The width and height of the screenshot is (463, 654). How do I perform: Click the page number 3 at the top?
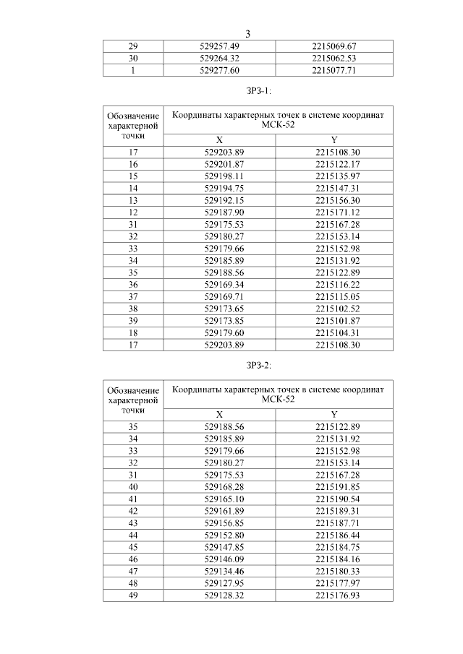click(248, 34)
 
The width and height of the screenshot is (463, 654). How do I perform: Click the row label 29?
click(133, 46)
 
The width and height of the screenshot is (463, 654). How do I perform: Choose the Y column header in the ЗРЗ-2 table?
click(334, 414)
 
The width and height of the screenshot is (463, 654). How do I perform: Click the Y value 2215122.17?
click(334, 164)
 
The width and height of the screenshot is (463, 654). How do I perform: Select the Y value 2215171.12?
click(334, 212)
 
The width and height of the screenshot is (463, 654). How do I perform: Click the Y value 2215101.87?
click(334, 321)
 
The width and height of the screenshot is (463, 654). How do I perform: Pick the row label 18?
click(133, 333)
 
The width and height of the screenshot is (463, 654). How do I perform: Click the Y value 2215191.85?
click(334, 486)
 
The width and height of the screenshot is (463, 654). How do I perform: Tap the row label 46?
click(133, 559)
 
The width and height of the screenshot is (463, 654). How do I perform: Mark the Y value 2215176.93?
click(334, 595)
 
